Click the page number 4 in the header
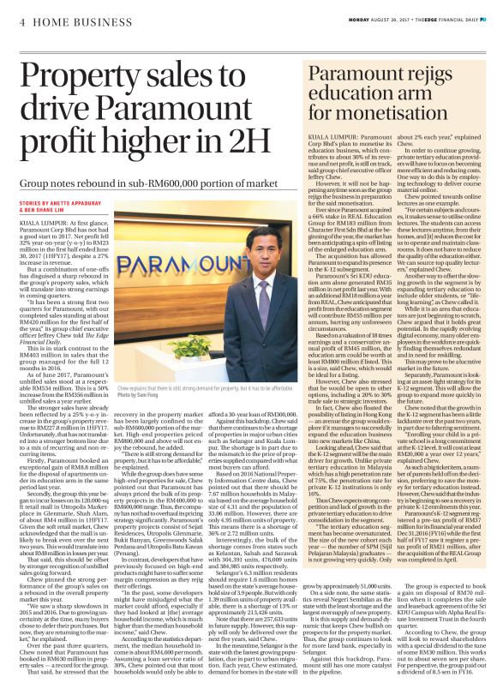pos(21,22)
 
